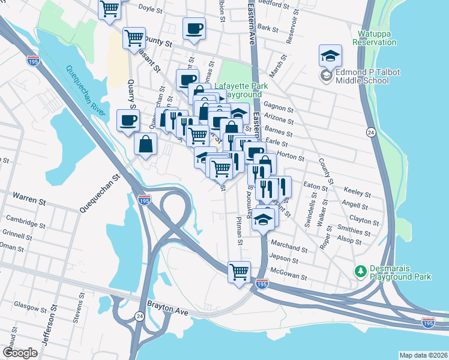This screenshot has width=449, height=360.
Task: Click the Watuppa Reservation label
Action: [375, 38]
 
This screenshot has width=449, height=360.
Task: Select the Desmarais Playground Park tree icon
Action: [360, 272]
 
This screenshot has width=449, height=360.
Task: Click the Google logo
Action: [19, 353]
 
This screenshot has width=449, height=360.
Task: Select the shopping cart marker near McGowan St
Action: [239, 271]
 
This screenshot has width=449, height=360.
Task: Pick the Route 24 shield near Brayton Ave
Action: [139, 316]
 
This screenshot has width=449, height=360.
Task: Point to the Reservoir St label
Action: [293, 28]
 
